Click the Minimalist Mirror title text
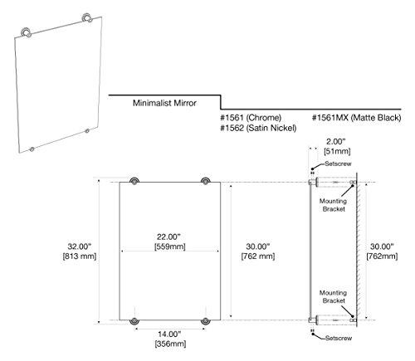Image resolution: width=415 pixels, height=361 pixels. coord(164,103)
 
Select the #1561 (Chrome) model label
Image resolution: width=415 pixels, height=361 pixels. coord(251,118)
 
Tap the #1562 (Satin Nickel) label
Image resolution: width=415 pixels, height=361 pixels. coord(258,128)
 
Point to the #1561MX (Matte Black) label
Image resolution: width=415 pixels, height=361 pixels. coord(356,118)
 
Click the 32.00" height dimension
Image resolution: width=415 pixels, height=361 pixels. coord(80,246)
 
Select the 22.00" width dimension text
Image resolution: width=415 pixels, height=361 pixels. coord(168,237)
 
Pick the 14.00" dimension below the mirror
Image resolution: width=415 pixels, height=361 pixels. coord(169,334)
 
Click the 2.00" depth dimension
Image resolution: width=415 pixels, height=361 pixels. coord(336,142)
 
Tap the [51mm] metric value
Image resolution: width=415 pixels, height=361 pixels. coord(337,151)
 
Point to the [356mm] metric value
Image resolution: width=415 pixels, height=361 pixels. coord(170,344)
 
